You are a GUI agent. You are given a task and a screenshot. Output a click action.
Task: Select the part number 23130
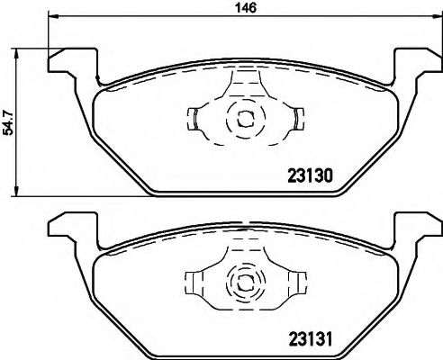(310, 177)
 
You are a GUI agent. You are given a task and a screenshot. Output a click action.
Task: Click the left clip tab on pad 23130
(194, 117)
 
